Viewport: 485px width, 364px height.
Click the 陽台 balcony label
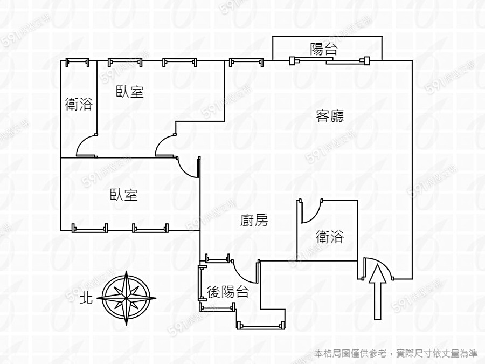324,50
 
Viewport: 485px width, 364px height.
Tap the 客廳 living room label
330,115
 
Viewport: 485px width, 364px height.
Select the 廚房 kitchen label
254,220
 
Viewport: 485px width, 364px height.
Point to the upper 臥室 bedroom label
130,92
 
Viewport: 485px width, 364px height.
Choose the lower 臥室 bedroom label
124,195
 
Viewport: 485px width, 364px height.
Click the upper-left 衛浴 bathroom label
78,104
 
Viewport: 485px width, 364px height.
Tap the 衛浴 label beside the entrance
330,236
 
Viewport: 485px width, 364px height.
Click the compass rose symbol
126,298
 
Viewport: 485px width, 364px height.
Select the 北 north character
86,298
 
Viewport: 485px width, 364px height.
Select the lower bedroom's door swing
189,167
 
